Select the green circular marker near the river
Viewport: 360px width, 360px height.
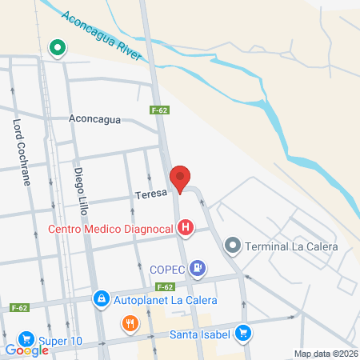(58, 49)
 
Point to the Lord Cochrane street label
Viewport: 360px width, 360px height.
(21, 153)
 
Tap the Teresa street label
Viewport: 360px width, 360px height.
(150, 194)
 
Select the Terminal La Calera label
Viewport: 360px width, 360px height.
(292, 246)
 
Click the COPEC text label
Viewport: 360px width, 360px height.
(168, 269)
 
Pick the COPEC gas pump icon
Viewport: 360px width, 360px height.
(198, 268)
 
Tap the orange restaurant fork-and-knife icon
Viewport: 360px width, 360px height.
(130, 325)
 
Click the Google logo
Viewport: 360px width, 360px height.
(27, 350)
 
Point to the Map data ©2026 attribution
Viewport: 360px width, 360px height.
(325, 354)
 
